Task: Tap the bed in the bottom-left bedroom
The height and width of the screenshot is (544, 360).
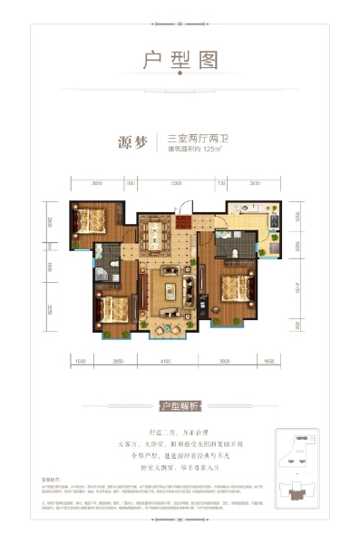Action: pyautogui.click(x=110, y=306)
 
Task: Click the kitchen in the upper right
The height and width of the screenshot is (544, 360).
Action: pyautogui.click(x=250, y=217)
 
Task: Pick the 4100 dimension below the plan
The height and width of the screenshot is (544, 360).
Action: pyautogui.click(x=164, y=362)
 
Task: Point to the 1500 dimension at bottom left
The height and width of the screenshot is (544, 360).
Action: pyautogui.click(x=80, y=362)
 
